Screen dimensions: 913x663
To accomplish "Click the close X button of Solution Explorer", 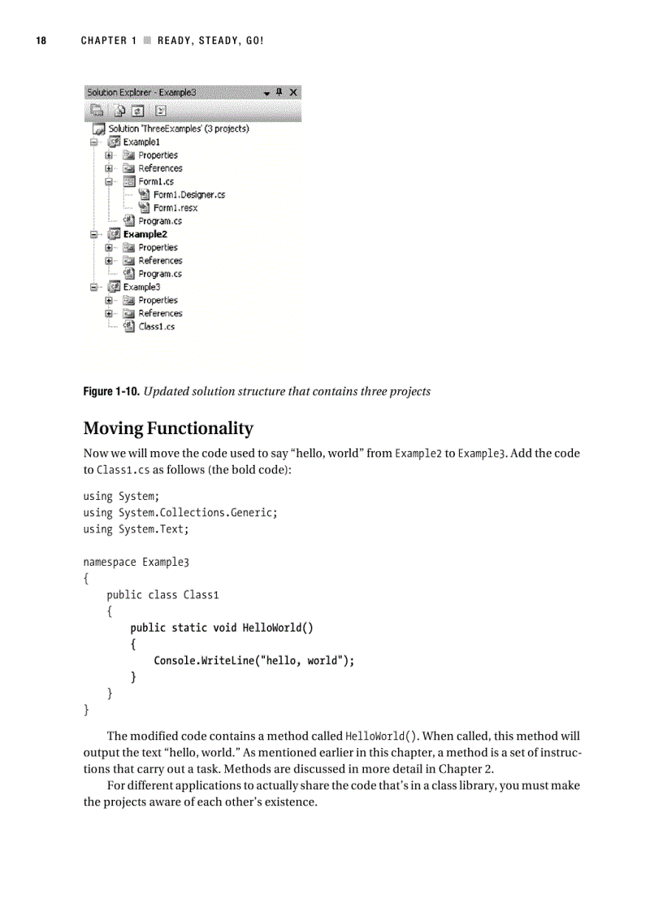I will (293, 93).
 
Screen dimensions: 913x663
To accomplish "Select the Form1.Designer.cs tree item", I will (188, 194).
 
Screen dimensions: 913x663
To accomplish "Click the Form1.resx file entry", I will (175, 207).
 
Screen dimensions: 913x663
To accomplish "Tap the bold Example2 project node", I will (145, 234).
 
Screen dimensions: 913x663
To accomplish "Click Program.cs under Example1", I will (159, 221).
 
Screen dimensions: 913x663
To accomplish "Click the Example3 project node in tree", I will (141, 287).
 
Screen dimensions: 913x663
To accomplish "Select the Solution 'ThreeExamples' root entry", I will (178, 128).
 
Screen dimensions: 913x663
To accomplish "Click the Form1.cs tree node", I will (155, 181).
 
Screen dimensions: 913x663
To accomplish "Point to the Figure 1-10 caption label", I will (111, 392).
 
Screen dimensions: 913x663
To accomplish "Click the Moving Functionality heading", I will (168, 428).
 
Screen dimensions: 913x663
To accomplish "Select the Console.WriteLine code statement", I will (254, 661).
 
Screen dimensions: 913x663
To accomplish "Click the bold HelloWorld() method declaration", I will (222, 628).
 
